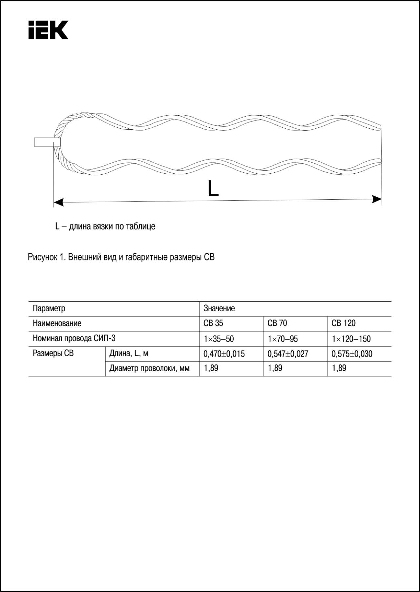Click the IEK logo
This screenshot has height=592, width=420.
pos(48,30)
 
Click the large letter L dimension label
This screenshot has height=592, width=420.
pos(213,188)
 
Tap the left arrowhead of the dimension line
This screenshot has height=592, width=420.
pos(58,202)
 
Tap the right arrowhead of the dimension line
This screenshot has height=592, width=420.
pos(377,199)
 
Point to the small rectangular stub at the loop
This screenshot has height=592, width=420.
pos(47,142)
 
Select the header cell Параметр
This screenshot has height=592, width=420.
pos(49,308)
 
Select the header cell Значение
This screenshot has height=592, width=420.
pos(219,308)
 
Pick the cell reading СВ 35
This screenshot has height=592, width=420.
pos(213,323)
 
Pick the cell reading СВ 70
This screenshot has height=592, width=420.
pos(277,323)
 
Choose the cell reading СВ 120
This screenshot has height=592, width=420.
pos(343,323)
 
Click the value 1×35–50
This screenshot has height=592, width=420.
pos(219,339)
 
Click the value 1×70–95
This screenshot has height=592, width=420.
pos(283,339)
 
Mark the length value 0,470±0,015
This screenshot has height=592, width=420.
pos(224,354)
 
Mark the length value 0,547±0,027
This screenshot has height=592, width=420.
pos(288,354)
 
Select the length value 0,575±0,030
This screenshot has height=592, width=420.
pos(352,354)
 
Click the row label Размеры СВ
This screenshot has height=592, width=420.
pos(53,353)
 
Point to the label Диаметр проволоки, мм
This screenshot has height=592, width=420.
pos(149,368)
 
